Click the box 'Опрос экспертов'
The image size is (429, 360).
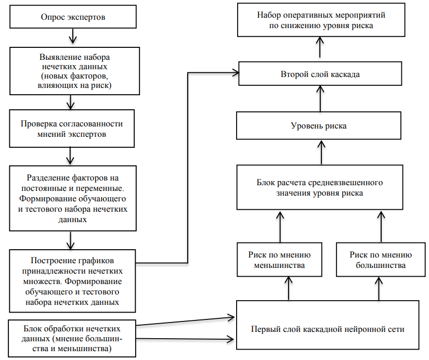73,17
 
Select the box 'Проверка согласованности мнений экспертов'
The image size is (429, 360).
73,130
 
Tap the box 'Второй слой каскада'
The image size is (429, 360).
320,74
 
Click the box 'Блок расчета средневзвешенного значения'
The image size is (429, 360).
320,188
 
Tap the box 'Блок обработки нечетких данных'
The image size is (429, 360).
73,338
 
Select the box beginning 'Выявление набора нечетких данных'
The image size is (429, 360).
73,71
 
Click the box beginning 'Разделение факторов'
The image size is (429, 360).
73,198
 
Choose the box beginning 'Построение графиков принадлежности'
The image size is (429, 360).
73,280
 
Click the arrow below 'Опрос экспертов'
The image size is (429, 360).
72,37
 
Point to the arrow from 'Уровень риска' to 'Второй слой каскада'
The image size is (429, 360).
320,100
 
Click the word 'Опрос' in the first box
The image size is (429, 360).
52,17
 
